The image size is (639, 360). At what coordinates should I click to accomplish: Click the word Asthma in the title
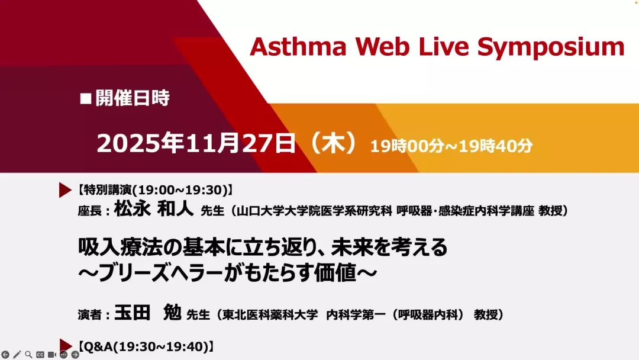click(298, 46)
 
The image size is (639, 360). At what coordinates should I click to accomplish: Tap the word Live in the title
click(443, 46)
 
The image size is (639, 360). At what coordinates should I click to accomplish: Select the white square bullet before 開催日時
click(86, 99)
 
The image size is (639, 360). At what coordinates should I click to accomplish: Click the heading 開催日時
click(133, 98)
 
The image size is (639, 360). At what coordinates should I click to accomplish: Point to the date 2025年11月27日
click(196, 143)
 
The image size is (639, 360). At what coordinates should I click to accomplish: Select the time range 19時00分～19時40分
click(451, 146)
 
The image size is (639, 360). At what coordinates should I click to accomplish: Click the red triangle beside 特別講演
click(65, 190)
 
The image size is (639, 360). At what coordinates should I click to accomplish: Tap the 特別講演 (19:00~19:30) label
click(156, 190)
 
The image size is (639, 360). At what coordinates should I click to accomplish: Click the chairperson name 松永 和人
click(154, 209)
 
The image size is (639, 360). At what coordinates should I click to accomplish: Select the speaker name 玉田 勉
click(147, 313)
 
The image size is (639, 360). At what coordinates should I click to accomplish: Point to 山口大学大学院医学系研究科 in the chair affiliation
click(314, 211)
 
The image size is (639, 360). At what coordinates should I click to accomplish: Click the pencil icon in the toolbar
click(17, 355)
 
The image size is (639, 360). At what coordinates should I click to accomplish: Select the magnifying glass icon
click(28, 355)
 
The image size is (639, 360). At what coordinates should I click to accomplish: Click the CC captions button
click(40, 355)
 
